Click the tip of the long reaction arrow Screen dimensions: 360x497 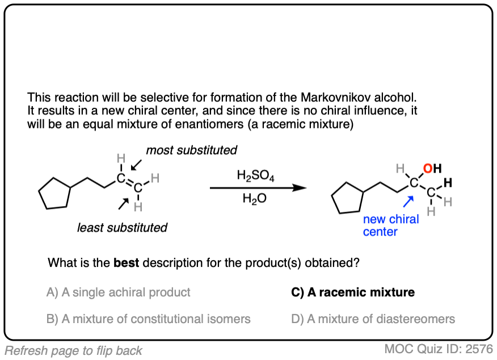(x=304, y=188)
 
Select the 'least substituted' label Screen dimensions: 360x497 (x=122, y=228)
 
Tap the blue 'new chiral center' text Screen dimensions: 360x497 (x=391, y=225)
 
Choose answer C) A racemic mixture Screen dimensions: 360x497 (x=352, y=292)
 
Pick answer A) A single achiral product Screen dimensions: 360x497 (x=119, y=292)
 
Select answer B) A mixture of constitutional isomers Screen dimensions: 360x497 (x=149, y=319)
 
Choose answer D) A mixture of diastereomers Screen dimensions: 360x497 (x=373, y=319)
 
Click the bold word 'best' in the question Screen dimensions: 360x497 (x=127, y=263)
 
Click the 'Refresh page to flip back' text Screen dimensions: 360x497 (x=73, y=350)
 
